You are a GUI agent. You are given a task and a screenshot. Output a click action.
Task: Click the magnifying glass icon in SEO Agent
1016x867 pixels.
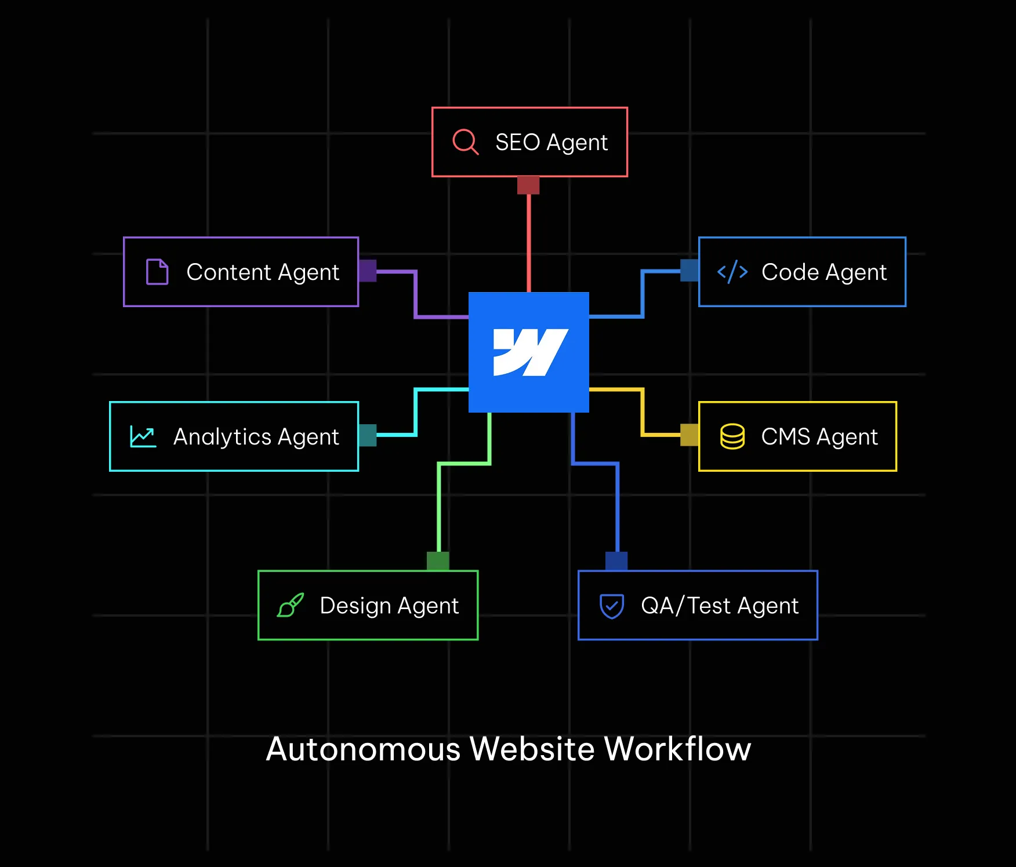[465, 142]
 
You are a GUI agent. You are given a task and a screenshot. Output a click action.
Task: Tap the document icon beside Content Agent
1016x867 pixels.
[157, 272]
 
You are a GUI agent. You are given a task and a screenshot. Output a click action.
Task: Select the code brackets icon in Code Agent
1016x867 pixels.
[732, 272]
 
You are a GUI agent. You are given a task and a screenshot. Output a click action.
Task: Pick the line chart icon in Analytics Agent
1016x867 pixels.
[143, 436]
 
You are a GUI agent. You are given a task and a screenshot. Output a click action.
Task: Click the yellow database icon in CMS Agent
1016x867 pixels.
[732, 436]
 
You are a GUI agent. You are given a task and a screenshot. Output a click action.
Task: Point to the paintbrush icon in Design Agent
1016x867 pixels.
[291, 605]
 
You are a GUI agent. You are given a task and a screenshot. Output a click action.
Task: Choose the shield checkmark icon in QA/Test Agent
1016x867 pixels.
[612, 606]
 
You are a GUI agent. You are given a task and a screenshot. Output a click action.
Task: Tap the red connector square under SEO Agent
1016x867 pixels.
[528, 185]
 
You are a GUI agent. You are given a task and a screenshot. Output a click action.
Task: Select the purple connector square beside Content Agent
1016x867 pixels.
[368, 271]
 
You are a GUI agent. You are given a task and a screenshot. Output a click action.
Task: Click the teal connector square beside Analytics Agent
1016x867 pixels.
[368, 435]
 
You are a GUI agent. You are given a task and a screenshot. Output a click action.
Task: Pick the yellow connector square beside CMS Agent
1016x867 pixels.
[690, 435]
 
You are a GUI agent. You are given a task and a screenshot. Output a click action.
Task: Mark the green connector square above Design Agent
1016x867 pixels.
[438, 561]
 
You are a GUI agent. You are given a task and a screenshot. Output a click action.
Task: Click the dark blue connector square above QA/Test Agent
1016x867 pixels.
[616, 561]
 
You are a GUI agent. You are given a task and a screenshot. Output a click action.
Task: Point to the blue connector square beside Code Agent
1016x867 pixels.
[690, 271]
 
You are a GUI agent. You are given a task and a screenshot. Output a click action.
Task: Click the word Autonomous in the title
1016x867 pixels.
[363, 749]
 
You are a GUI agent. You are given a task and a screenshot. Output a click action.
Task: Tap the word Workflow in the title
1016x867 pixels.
[677, 749]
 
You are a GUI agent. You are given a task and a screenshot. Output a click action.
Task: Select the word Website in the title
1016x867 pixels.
[532, 749]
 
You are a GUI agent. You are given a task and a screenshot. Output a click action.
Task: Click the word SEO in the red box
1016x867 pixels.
[517, 142]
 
